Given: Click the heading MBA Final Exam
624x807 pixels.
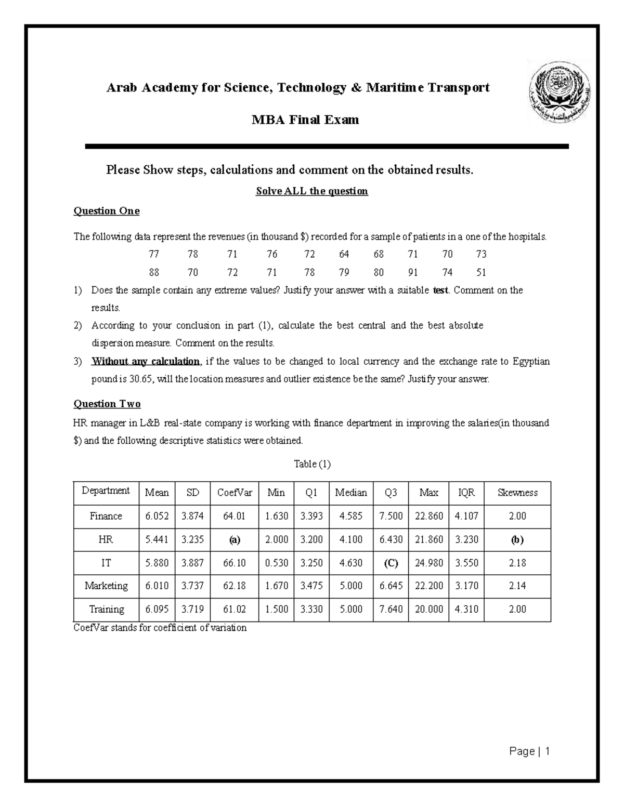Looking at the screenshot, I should click(305, 120).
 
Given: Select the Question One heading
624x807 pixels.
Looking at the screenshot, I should click(106, 211).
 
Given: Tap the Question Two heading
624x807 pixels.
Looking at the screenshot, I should click(107, 404).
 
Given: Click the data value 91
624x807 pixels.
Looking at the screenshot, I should click(413, 272).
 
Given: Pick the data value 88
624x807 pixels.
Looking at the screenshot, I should click(154, 272).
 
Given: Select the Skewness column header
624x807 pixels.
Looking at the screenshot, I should click(517, 493).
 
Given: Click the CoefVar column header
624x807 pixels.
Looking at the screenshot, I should click(234, 493).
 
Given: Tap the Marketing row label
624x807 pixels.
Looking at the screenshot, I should click(106, 586).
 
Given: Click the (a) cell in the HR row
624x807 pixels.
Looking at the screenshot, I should click(234, 539).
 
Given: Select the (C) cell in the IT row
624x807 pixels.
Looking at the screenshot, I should click(391, 563).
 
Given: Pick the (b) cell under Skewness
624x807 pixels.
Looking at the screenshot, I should click(517, 539).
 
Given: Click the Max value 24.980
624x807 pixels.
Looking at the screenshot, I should click(428, 563).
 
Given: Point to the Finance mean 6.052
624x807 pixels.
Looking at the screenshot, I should click(157, 516).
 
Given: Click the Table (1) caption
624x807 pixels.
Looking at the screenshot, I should click(312, 464).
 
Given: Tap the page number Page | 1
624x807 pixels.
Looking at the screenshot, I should click(529, 751).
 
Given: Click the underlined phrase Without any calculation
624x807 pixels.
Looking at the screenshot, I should click(145, 361).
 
